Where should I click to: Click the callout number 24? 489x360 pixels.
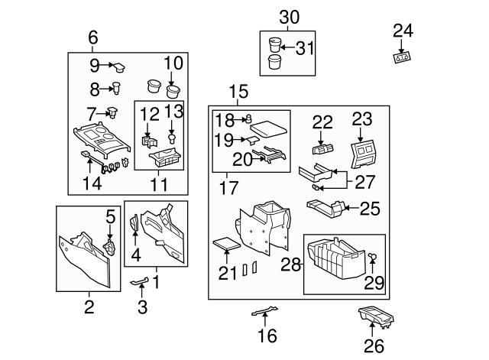click(x=403, y=31)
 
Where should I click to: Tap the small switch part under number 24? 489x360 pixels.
click(x=402, y=57)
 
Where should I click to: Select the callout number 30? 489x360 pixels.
click(x=289, y=18)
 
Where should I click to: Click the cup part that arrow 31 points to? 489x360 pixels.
click(x=274, y=44)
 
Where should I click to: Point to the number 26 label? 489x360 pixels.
click(x=374, y=346)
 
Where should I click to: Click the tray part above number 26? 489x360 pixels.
click(x=376, y=317)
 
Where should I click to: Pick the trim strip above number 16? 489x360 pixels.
click(x=264, y=311)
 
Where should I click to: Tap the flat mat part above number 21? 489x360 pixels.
click(x=226, y=244)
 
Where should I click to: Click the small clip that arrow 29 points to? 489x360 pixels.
click(x=373, y=256)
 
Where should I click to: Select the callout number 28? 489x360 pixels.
click(x=290, y=264)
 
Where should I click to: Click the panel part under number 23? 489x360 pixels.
click(x=364, y=154)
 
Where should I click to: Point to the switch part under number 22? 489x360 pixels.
click(x=322, y=149)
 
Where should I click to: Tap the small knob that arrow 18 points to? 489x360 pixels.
click(x=249, y=119)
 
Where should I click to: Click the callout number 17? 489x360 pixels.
click(x=229, y=187)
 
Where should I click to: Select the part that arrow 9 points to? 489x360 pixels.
click(x=119, y=67)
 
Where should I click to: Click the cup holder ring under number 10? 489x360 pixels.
click(x=173, y=91)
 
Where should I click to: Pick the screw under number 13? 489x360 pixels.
click(x=171, y=138)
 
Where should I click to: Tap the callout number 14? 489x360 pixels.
click(x=92, y=183)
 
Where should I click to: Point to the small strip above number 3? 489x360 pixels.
click(x=139, y=281)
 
